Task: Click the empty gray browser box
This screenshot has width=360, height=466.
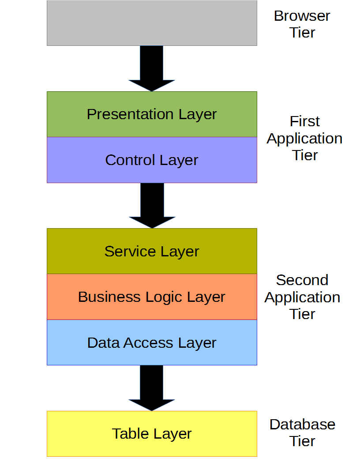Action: (x=152, y=23)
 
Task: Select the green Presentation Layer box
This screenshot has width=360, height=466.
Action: (x=152, y=114)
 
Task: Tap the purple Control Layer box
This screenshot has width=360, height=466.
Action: (x=152, y=160)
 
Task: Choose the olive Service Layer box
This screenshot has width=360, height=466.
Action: (x=152, y=251)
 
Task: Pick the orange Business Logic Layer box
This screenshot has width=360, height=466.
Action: (x=152, y=297)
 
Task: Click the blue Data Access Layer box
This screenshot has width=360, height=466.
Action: (x=152, y=342)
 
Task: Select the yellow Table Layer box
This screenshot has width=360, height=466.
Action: (x=152, y=434)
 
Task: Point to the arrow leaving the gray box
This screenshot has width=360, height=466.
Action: (x=151, y=68)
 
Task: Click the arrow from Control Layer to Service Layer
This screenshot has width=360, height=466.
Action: (x=152, y=205)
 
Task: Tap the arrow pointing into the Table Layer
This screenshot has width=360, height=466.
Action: (x=151, y=388)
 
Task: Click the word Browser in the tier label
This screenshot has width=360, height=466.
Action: (x=302, y=16)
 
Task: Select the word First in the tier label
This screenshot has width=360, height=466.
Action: (x=305, y=121)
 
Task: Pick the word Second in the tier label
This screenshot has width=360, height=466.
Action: (x=302, y=280)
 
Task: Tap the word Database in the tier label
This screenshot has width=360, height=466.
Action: (x=302, y=425)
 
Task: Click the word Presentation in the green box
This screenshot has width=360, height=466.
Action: (x=130, y=114)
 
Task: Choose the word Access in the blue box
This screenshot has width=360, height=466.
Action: (x=148, y=343)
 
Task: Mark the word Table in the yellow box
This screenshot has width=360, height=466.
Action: (x=130, y=434)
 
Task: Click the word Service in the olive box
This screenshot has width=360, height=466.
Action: (x=130, y=252)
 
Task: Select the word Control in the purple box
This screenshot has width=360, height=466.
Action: (x=131, y=160)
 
